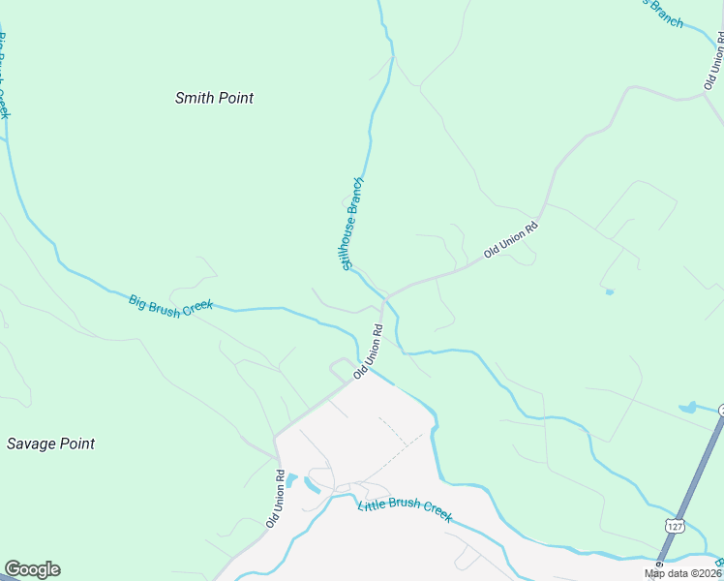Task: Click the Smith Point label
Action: click(214, 98)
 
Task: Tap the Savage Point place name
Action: click(50, 443)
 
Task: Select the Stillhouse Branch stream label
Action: click(350, 224)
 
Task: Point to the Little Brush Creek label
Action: click(405, 509)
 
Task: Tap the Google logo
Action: click(32, 569)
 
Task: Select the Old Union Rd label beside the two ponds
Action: click(276, 500)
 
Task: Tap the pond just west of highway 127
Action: click(687, 409)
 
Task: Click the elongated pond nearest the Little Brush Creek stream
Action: click(311, 484)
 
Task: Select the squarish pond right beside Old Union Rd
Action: click(291, 479)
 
